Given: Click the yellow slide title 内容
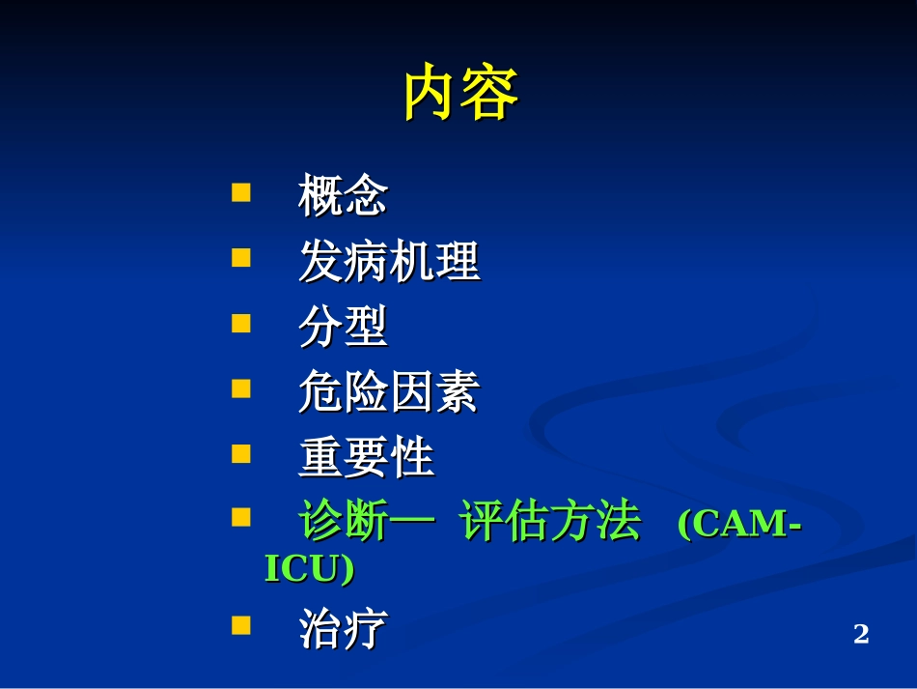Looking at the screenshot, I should click(460, 94).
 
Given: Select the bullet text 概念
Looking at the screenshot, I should click(343, 195).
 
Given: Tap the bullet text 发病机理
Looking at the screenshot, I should click(388, 261).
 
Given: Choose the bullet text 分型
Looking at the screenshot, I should click(343, 327).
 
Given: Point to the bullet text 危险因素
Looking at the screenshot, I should click(388, 392).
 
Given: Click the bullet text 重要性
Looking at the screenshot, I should click(366, 458).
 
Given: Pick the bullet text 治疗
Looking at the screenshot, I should click(343, 630).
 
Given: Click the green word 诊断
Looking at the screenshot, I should click(344, 523).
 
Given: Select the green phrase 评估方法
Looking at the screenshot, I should click(549, 523).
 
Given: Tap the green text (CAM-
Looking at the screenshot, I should click(739, 524).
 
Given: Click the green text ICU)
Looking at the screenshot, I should click(309, 569).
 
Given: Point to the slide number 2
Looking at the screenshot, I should click(861, 634).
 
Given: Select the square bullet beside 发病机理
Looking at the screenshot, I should click(241, 257).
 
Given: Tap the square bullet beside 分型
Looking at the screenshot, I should click(241, 323).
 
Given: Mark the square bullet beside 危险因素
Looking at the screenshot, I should click(241, 388).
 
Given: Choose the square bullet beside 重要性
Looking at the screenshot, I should click(241, 453).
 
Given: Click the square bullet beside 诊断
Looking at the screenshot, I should click(241, 519).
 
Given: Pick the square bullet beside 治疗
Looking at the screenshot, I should click(241, 625).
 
